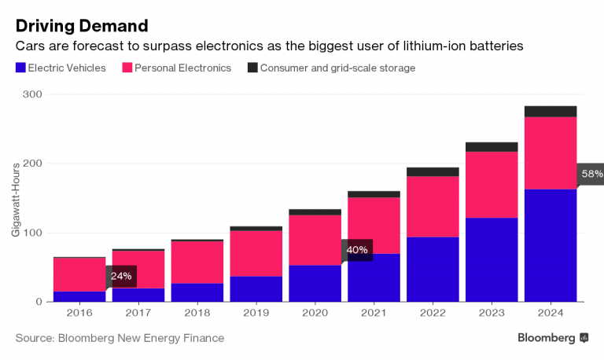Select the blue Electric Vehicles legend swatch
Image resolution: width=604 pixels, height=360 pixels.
tap(20, 68)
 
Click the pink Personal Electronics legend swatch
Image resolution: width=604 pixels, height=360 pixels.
tap(127, 68)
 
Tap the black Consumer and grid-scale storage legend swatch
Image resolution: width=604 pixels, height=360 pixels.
tap(252, 68)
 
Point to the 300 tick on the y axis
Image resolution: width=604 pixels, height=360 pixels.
tap(32, 94)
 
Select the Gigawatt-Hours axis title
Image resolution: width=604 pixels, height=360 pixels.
tap(15, 200)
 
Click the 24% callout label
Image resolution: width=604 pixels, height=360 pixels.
tap(121, 276)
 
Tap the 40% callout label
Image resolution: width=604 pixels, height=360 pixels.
tap(357, 250)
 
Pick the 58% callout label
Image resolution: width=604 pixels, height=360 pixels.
tap(591, 174)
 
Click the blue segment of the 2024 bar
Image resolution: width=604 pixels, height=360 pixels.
tap(551, 245)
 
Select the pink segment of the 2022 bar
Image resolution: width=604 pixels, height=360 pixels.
tap(433, 207)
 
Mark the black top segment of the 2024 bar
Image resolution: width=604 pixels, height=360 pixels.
tap(551, 111)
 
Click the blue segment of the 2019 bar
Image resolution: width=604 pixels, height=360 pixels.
tap(256, 288)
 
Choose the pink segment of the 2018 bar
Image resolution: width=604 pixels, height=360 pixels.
tap(197, 262)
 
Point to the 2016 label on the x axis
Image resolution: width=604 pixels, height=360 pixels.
tap(79, 313)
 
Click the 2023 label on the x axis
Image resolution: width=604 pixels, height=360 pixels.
tap(492, 313)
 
